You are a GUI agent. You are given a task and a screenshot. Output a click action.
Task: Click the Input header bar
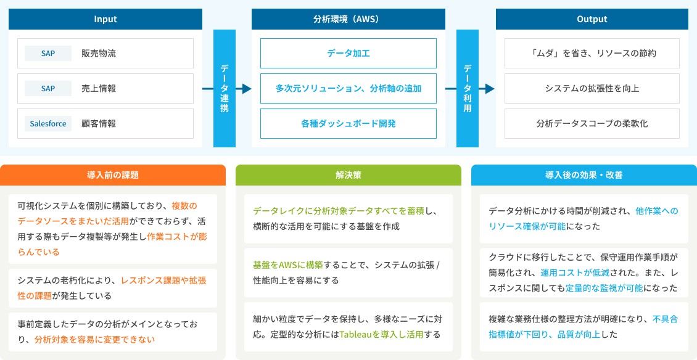pos(105,19)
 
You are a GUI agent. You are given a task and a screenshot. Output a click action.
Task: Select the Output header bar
pos(592,19)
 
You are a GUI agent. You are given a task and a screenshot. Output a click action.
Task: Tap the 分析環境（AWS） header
pos(348,19)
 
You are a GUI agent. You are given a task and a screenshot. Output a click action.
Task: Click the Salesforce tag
pos(48,123)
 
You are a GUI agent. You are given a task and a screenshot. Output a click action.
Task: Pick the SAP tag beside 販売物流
pos(48,53)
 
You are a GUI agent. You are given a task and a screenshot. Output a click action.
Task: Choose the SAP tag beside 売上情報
pos(48,88)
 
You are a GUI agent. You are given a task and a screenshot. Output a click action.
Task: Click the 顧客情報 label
pos(99,123)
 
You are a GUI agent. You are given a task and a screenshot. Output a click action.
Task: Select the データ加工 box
pos(348,53)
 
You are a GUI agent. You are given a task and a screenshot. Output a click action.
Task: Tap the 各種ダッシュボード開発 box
pos(348,123)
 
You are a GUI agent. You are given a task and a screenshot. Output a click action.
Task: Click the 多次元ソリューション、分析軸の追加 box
pos(348,88)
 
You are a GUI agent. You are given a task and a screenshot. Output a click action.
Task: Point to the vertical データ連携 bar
pos(225,89)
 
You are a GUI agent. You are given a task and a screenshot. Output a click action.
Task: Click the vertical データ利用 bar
pos(468,89)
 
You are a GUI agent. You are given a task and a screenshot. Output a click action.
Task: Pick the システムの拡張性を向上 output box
pos(592,88)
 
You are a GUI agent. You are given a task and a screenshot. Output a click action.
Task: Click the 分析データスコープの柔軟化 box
pos(592,123)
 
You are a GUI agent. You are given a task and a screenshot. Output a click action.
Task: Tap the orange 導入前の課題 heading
pos(113,175)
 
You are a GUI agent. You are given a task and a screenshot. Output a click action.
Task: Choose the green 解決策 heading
pos(348,175)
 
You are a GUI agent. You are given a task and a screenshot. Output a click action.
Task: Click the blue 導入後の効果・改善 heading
pos(584,175)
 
